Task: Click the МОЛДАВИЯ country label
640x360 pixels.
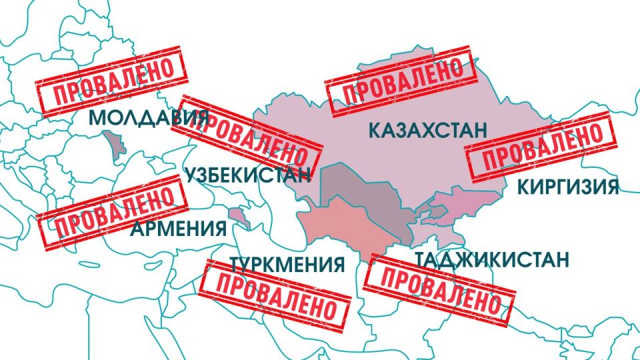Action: [143, 119]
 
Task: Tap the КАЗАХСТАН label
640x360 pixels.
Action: [427, 130]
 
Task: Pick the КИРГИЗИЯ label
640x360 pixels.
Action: [568, 187]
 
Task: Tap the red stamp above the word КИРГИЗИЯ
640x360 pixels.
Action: [541, 148]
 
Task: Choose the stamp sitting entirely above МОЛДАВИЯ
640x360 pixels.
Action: [110, 80]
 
